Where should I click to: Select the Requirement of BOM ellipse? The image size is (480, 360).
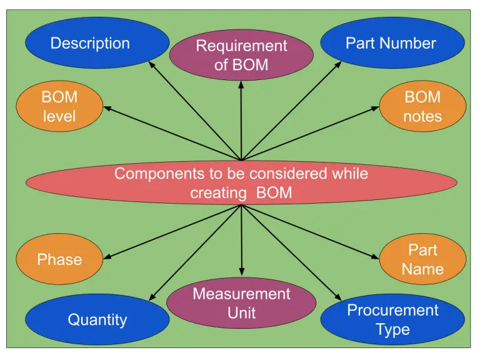click(241, 55)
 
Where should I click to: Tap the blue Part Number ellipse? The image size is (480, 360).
click(392, 43)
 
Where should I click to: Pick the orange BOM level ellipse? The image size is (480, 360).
click(59, 107)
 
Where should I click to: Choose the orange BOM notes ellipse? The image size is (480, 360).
click(422, 107)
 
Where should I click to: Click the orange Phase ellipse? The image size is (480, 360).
click(59, 259)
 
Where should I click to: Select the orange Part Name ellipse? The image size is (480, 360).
click(422, 259)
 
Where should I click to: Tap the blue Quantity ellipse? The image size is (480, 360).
click(97, 319)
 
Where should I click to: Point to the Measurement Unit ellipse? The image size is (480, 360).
click(241, 303)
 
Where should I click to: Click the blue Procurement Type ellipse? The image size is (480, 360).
click(392, 319)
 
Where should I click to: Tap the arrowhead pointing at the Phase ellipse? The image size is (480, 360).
click(107, 257)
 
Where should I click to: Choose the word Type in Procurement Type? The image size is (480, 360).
click(392, 329)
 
